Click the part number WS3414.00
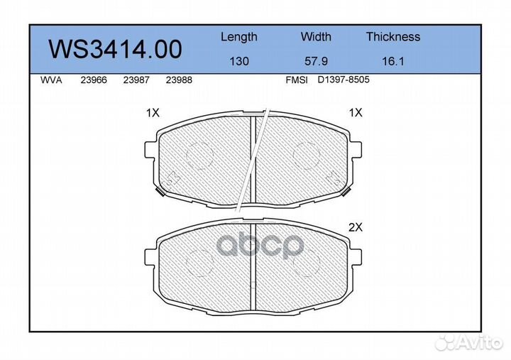[x=115, y=49]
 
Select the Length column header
[x=239, y=37]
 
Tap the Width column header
[x=316, y=36]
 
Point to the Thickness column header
[x=393, y=36]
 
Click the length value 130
[x=239, y=61]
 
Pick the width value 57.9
[x=316, y=61]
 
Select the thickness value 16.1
[x=393, y=61]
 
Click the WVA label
[x=51, y=80]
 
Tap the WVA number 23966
[x=94, y=80]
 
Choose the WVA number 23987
[x=136, y=80]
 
